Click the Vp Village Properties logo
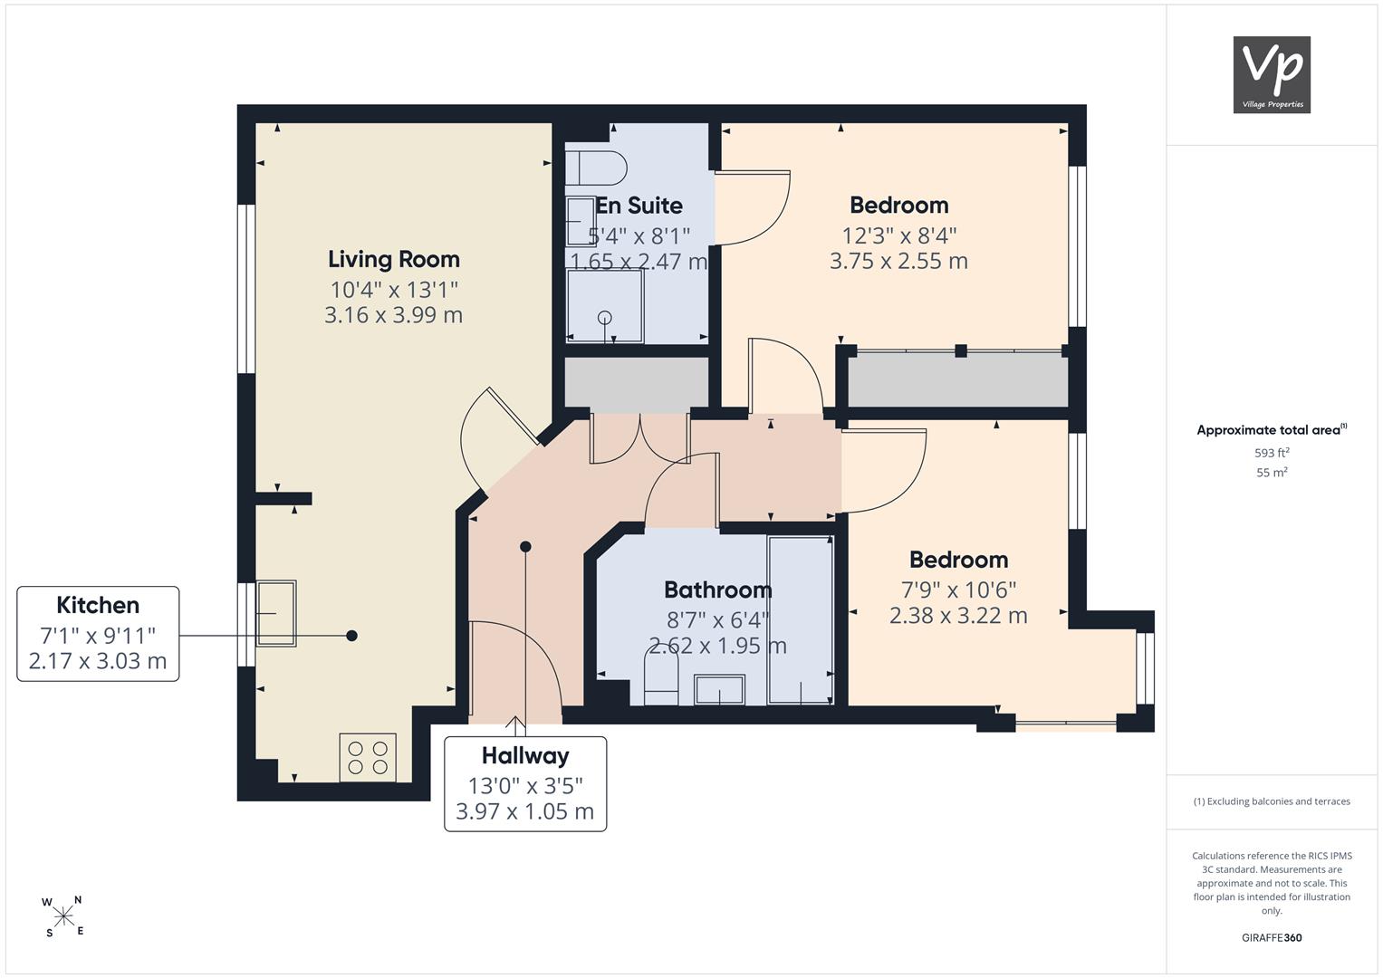click(x=1272, y=74)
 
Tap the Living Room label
click(x=394, y=259)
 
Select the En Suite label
click(x=639, y=206)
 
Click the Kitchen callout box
click(x=98, y=634)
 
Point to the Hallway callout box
click(x=525, y=783)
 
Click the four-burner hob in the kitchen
click(x=368, y=758)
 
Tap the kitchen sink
click(x=276, y=613)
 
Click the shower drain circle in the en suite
click(x=604, y=317)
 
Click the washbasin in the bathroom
click(x=719, y=690)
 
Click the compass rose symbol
click(x=63, y=916)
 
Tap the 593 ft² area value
click(x=1272, y=453)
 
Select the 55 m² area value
click(x=1272, y=473)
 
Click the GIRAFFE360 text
click(x=1272, y=937)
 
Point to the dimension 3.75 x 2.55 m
click(x=899, y=261)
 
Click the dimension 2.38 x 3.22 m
click(x=958, y=616)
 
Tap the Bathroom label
click(x=718, y=590)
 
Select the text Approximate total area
click(x=1268, y=430)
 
